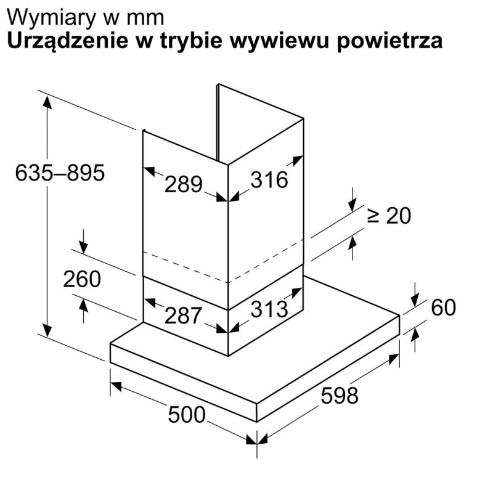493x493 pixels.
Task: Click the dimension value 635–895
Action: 60,173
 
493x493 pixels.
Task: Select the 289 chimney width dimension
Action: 184,184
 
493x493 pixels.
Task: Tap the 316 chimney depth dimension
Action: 269,180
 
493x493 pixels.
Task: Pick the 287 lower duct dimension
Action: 183,316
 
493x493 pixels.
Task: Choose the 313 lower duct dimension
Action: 269,309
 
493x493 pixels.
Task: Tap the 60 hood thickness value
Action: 444,307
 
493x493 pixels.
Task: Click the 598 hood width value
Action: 339,395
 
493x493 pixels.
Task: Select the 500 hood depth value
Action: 186,415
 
